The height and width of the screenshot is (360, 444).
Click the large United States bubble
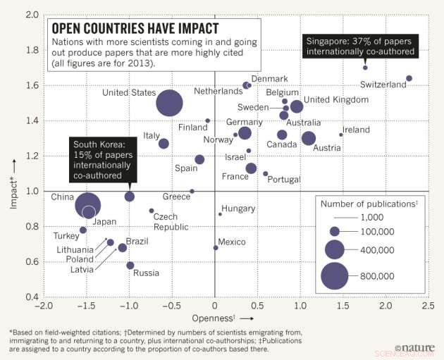tap(169, 103)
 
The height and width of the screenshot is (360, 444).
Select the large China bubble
tap(88, 205)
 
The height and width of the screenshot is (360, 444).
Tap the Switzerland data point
tap(409, 78)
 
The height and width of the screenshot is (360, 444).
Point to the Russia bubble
tap(130, 266)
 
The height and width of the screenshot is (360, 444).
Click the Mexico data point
tap(216, 247)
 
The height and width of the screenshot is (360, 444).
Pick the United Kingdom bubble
tap(297, 106)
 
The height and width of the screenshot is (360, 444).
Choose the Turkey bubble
tap(83, 230)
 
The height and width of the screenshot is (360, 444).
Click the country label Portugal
tap(285, 180)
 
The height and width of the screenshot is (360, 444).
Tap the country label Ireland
tap(356, 130)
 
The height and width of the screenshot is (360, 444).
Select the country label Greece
tap(176, 197)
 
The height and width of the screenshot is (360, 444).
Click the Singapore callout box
tap(359, 47)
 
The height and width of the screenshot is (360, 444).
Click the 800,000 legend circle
tap(335, 275)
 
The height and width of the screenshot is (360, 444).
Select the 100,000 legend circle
tap(335, 231)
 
